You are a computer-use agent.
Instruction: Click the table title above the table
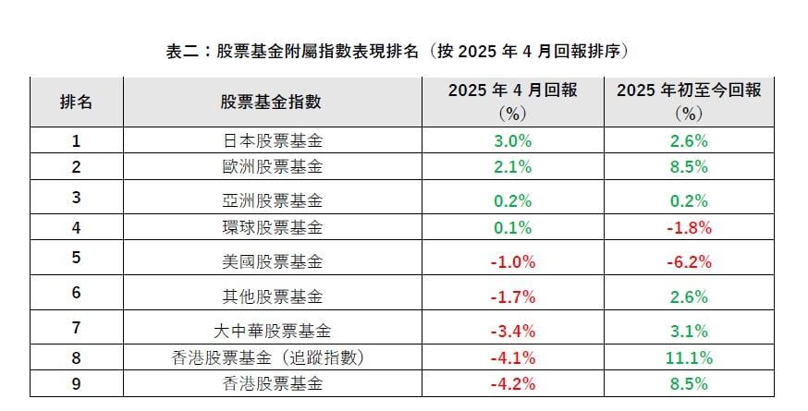(403, 51)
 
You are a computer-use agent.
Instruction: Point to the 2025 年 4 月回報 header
(512, 102)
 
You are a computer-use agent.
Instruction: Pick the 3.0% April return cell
(512, 141)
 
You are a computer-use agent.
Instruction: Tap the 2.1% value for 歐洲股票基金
(512, 167)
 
